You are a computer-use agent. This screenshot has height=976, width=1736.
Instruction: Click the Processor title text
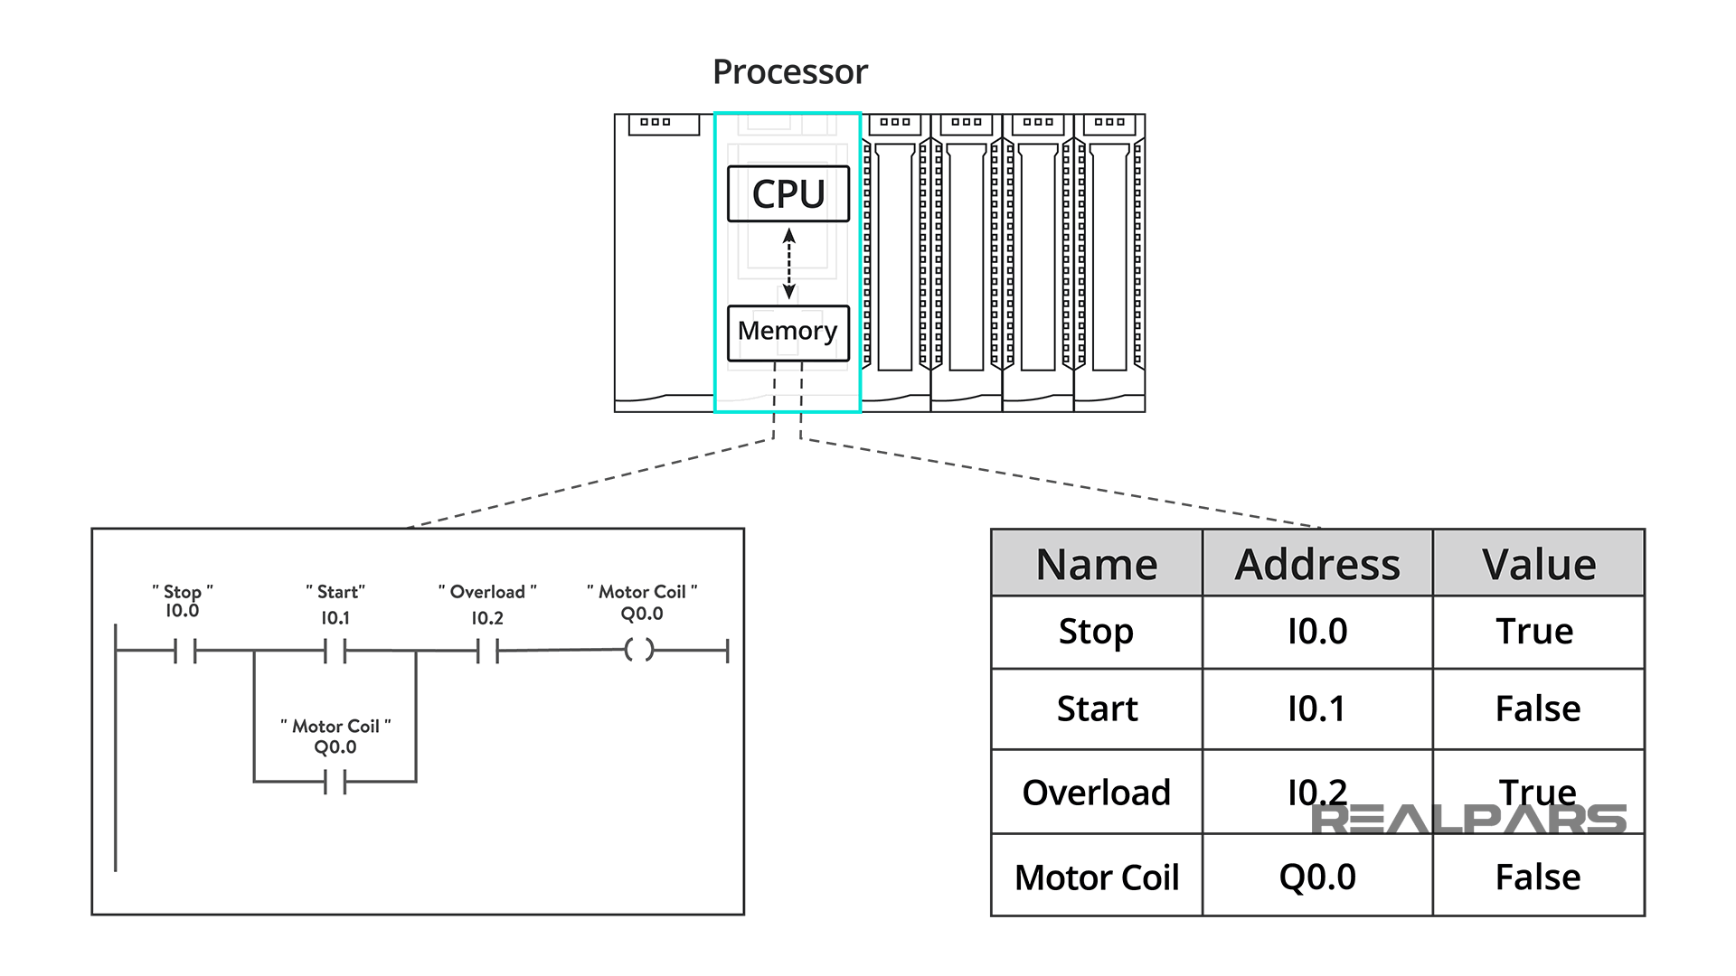[x=789, y=72]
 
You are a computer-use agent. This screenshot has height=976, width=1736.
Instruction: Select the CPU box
[x=788, y=193]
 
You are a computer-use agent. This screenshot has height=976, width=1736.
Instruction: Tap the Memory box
[x=788, y=332]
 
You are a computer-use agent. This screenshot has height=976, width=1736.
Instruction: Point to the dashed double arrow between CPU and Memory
[x=788, y=263]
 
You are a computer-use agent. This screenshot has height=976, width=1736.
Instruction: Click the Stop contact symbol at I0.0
[x=185, y=651]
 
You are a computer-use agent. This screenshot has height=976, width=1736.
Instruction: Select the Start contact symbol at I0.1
[x=335, y=651]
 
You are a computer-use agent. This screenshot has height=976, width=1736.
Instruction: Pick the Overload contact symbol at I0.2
[x=488, y=651]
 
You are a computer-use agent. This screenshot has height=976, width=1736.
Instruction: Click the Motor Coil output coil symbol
[x=639, y=650]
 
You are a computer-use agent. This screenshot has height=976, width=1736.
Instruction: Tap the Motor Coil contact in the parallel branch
[x=335, y=782]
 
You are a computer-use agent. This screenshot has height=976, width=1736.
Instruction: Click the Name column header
[x=1096, y=564]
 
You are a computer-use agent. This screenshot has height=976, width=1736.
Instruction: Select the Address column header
[x=1316, y=564]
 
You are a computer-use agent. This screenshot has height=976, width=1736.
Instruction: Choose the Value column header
[x=1538, y=564]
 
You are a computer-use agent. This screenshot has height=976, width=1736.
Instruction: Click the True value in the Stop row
[x=1534, y=631]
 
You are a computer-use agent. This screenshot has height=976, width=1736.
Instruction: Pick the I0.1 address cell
[x=1316, y=709]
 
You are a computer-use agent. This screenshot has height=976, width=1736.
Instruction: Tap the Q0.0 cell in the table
[x=1316, y=877]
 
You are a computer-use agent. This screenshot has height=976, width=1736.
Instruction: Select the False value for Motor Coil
[x=1537, y=877]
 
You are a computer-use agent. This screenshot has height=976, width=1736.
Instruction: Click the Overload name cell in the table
[x=1096, y=793]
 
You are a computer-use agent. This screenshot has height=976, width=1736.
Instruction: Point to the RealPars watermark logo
[x=1468, y=819]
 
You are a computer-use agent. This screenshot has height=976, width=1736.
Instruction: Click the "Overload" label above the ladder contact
[x=487, y=592]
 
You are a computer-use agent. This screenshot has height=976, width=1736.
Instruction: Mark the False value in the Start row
[x=1537, y=709]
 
